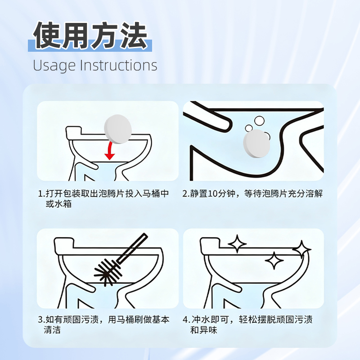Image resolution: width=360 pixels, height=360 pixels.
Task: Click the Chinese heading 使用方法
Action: (90, 35)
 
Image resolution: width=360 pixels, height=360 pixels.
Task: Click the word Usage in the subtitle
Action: (54, 66)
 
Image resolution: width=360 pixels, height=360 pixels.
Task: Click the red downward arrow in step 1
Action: (110, 151)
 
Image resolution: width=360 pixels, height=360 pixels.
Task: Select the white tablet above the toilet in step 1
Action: (118, 129)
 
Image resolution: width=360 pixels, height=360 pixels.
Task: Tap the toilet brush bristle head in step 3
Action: (107, 271)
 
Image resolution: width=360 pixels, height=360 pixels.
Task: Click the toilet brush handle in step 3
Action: (132, 248)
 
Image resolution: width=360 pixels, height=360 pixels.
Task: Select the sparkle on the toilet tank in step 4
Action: (237, 243)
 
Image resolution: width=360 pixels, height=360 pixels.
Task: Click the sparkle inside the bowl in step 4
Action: (274, 261)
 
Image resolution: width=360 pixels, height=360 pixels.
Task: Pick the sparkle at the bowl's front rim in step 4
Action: (302, 249)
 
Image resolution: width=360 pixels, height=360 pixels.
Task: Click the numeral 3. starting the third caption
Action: (41, 319)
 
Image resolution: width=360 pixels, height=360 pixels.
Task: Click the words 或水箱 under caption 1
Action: (59, 204)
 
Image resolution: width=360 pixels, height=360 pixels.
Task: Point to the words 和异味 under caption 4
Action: (203, 330)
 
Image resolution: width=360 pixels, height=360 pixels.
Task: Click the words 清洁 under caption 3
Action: (52, 330)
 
